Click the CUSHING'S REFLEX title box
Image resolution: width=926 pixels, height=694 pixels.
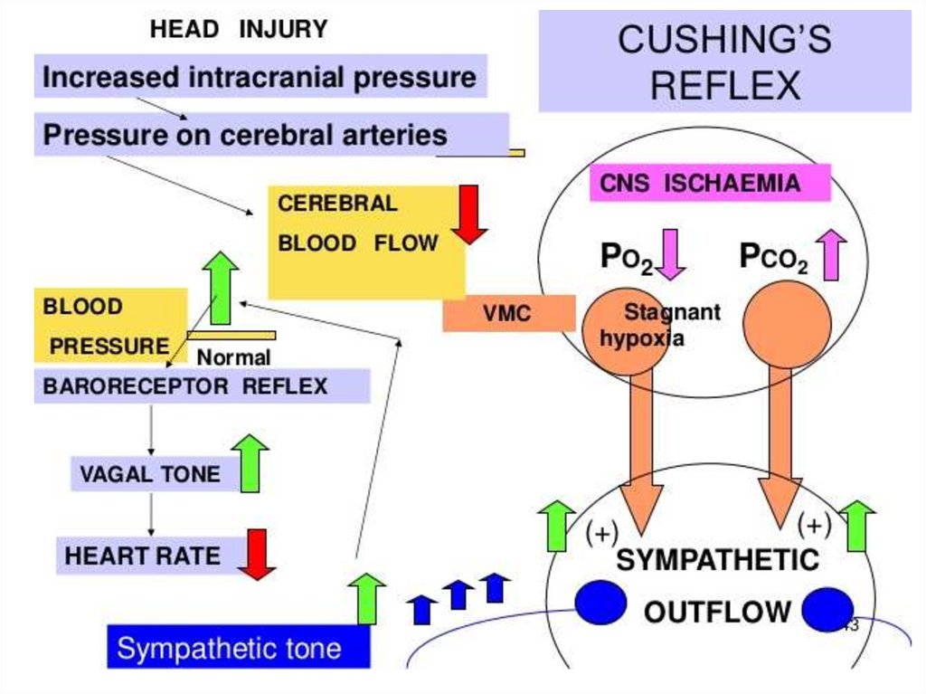click(x=724, y=62)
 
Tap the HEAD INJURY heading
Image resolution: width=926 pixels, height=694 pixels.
click(x=239, y=30)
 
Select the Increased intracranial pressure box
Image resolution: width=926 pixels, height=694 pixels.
click(x=260, y=77)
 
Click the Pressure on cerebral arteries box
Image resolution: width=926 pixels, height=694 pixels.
click(x=246, y=136)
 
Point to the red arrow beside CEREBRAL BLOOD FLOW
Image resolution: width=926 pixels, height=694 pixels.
click(x=469, y=214)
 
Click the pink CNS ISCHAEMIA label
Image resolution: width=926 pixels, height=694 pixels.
click(x=710, y=184)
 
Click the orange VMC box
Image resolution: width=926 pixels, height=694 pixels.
click(x=507, y=314)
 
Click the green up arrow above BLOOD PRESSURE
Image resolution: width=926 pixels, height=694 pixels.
click(x=220, y=288)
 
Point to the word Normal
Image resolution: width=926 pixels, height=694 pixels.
click(x=233, y=357)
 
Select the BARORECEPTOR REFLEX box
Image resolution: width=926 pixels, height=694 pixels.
click(x=202, y=386)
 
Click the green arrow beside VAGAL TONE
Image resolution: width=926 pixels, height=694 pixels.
click(x=250, y=463)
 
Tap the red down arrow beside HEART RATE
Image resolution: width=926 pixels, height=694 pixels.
click(x=257, y=554)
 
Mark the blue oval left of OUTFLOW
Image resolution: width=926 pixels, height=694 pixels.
click(x=601, y=604)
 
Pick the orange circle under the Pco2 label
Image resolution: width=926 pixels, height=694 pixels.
click(x=786, y=324)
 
